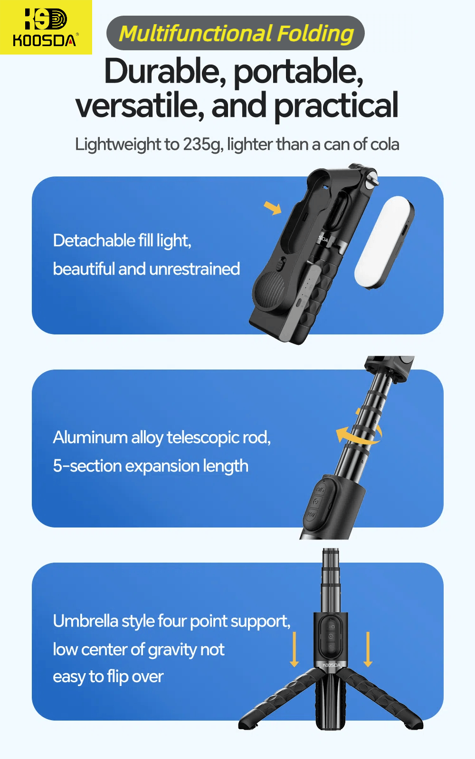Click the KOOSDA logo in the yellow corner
tap(45, 27)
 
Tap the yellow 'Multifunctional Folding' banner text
tap(236, 33)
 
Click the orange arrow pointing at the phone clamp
tap(273, 208)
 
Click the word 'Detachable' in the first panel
tap(94, 241)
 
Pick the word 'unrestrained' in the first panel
tap(194, 269)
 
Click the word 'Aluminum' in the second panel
tap(90, 437)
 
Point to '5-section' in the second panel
tap(87, 466)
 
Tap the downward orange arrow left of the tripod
tap(294, 649)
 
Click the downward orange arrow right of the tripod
tap(368, 649)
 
